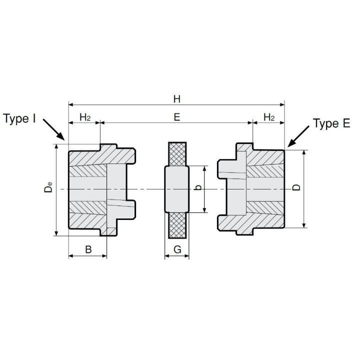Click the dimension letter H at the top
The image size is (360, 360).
pyautogui.click(x=177, y=99)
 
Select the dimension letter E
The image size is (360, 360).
pyautogui.click(x=177, y=117)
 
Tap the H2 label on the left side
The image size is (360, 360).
pyautogui.click(x=85, y=117)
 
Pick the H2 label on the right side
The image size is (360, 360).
pyautogui.click(x=269, y=117)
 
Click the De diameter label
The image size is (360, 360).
pyautogui.click(x=48, y=187)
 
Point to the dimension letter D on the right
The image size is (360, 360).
pyautogui.click(x=296, y=187)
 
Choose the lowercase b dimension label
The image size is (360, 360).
pyautogui.click(x=198, y=187)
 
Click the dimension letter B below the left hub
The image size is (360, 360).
pyautogui.click(x=88, y=249)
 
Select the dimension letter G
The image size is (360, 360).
pyautogui.click(x=177, y=249)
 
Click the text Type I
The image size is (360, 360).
pyautogui.click(x=19, y=118)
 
